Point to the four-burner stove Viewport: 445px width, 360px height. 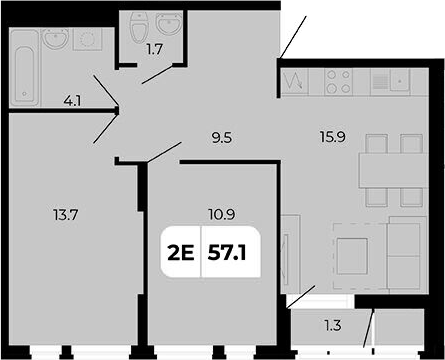pyautogui.click(x=336, y=80)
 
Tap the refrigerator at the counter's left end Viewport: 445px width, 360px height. pyautogui.click(x=295, y=80)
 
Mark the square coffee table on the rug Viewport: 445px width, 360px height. pyautogui.click(x=353, y=254)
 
